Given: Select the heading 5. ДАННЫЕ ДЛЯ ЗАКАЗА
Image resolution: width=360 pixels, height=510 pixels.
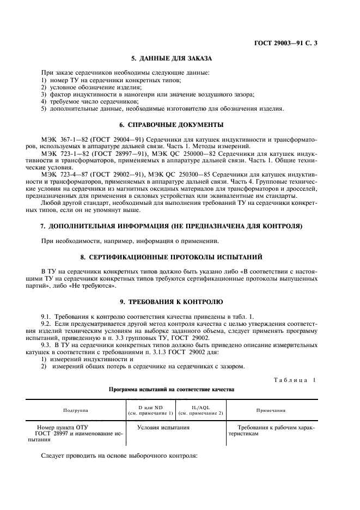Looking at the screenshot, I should click(x=172, y=58).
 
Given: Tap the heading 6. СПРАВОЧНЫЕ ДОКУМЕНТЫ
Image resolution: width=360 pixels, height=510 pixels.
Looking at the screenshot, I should click(x=172, y=125).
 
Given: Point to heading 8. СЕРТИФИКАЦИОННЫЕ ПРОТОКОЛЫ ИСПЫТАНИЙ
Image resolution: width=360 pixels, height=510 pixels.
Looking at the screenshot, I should click(x=172, y=256).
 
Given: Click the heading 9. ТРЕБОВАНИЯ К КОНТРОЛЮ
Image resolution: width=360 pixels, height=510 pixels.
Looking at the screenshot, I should click(x=172, y=301).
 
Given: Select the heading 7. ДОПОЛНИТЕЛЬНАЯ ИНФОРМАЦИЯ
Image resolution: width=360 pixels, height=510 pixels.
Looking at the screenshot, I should click(x=172, y=226).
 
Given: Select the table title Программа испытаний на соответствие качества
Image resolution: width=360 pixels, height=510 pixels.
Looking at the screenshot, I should click(x=172, y=390).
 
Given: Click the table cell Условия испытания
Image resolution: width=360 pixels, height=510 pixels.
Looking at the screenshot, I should click(x=163, y=428).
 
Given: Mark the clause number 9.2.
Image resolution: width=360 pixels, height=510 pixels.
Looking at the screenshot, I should click(x=47, y=324).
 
